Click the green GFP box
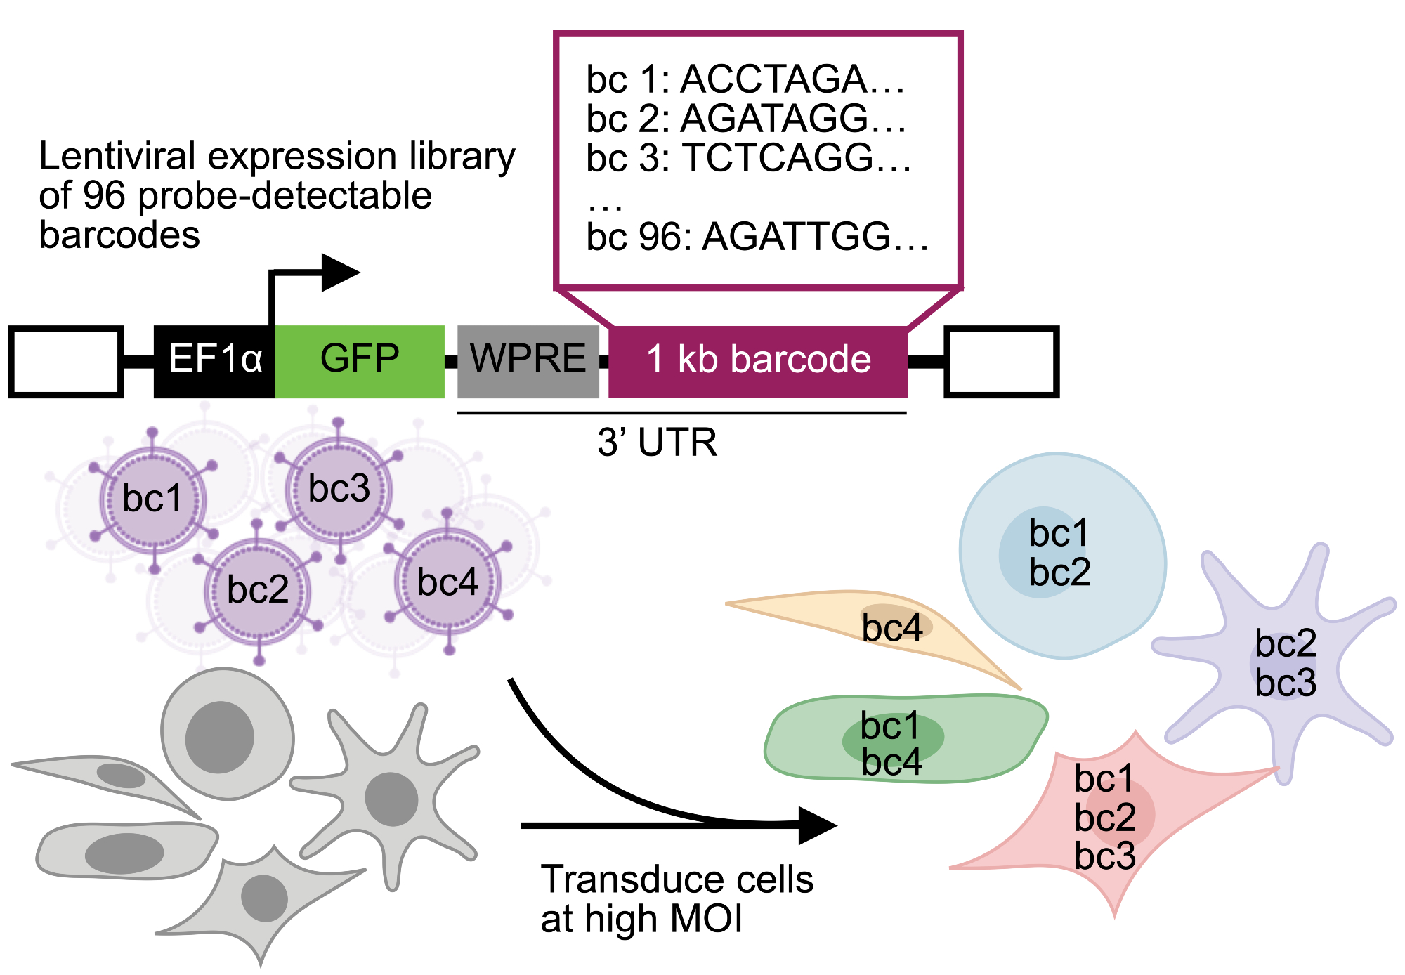pos(360,361)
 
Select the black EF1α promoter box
pos(214,361)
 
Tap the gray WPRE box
pos(528,361)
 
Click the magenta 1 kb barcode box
pos(758,361)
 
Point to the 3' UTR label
pos(658,443)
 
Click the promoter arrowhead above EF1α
pos(340,273)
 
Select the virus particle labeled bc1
pos(152,499)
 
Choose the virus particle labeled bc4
pos(447,582)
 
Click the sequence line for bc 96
pos(757,237)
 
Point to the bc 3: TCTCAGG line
pos(748,158)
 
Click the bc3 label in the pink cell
pos(1105,856)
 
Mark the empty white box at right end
pos(1002,361)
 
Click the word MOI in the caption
pos(707,920)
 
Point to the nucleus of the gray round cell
pos(219,737)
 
